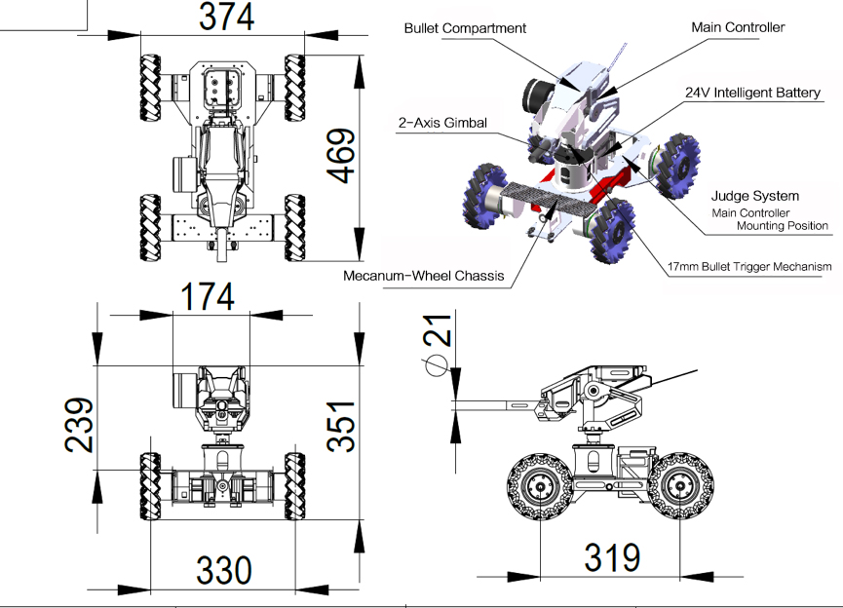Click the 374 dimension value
coord(226,17)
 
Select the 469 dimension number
coord(341,156)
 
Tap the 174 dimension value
coord(208,296)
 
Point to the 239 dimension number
coord(79,425)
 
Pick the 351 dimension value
coord(341,426)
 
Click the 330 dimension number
coord(223,570)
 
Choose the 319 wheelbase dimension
coord(612,557)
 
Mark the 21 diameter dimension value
coord(438,329)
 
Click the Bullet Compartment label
coord(465,28)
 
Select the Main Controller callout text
coord(738,27)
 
